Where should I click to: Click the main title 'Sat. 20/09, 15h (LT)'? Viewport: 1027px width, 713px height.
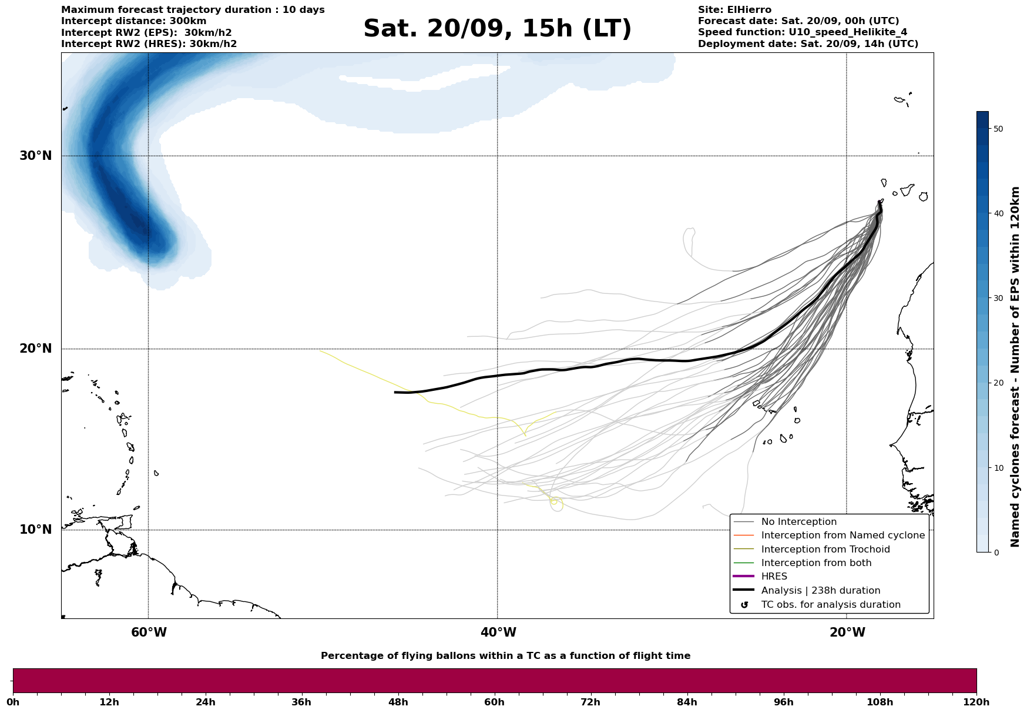[497, 29]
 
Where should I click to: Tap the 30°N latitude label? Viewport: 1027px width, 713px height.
[35, 156]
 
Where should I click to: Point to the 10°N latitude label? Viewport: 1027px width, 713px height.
[35, 530]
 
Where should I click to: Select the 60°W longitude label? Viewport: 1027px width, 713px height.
[149, 632]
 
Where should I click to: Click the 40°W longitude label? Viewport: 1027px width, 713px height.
[498, 632]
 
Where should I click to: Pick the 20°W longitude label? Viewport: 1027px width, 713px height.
[847, 632]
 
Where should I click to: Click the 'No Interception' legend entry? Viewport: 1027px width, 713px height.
[798, 522]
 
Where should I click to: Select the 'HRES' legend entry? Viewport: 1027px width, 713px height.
[774, 577]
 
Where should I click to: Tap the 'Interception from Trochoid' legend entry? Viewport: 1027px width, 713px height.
[825, 550]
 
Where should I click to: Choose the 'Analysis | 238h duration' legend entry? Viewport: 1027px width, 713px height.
[820, 591]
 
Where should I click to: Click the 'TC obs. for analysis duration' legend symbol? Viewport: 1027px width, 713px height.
[744, 605]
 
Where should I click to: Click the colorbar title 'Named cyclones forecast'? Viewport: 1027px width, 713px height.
[1015, 367]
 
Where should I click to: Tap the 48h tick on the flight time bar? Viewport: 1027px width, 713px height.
[398, 702]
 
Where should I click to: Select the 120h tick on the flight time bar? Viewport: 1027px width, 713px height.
[976, 702]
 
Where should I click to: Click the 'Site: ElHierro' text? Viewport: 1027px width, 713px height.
[734, 10]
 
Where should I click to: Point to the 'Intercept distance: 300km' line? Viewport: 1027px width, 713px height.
[133, 21]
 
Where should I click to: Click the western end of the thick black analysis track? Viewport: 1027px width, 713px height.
[395, 392]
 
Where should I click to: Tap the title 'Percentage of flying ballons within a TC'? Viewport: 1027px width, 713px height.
[505, 656]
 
